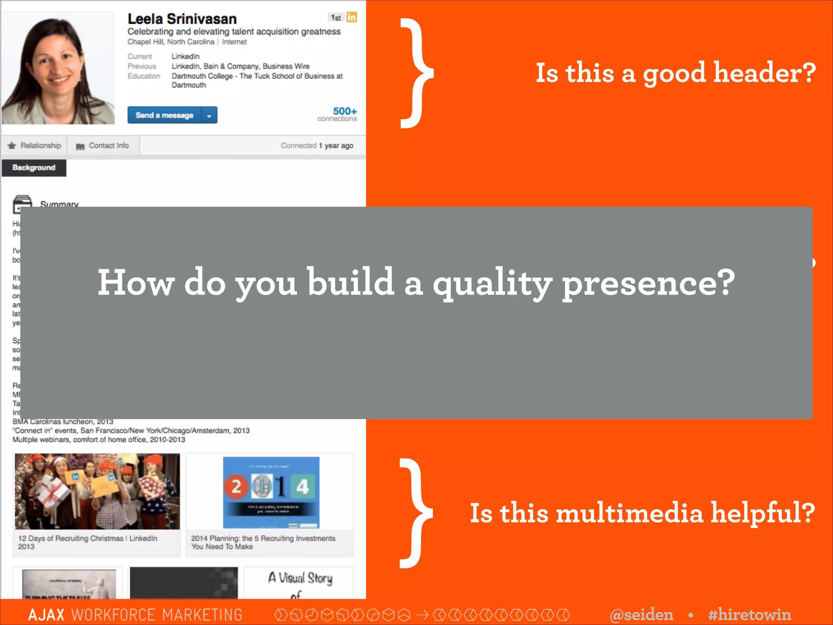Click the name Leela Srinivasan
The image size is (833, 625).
click(x=182, y=19)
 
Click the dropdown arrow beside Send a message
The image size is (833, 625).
click(x=209, y=116)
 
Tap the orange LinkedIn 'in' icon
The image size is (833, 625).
click(x=352, y=17)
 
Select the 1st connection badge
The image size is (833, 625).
click(x=336, y=17)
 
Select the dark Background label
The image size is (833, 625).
click(x=34, y=168)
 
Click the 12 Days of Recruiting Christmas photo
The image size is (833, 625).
click(x=97, y=492)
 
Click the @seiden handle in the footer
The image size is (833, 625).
click(x=641, y=614)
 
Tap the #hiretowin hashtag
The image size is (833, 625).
click(x=749, y=614)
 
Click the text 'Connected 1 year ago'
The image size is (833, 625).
click(x=317, y=146)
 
